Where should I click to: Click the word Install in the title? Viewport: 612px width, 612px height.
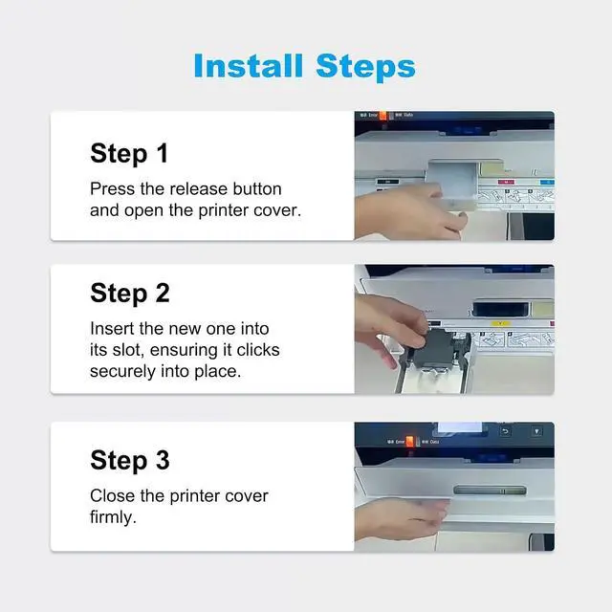coord(249,66)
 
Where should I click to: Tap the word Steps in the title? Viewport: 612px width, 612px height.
coord(365,67)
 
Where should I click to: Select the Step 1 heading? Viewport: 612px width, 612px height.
coord(129,153)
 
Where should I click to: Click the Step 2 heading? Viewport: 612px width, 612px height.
coord(130,294)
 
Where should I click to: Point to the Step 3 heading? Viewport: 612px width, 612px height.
coord(130,460)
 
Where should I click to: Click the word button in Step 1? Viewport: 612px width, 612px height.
coord(257,189)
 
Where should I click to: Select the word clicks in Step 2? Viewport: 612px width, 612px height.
coord(258,350)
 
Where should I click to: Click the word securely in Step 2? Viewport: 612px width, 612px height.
coord(122,372)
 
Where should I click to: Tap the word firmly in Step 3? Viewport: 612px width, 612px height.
coord(113,517)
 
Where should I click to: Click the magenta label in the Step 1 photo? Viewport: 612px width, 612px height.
coord(506,182)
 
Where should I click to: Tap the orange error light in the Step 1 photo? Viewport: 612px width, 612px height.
coord(382,116)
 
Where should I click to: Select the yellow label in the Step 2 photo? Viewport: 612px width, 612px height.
coord(501,323)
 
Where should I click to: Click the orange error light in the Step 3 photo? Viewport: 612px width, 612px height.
coord(409,442)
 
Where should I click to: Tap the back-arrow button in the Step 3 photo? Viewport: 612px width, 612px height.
coord(506,431)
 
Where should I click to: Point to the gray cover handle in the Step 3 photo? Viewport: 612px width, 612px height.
coord(490,491)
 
